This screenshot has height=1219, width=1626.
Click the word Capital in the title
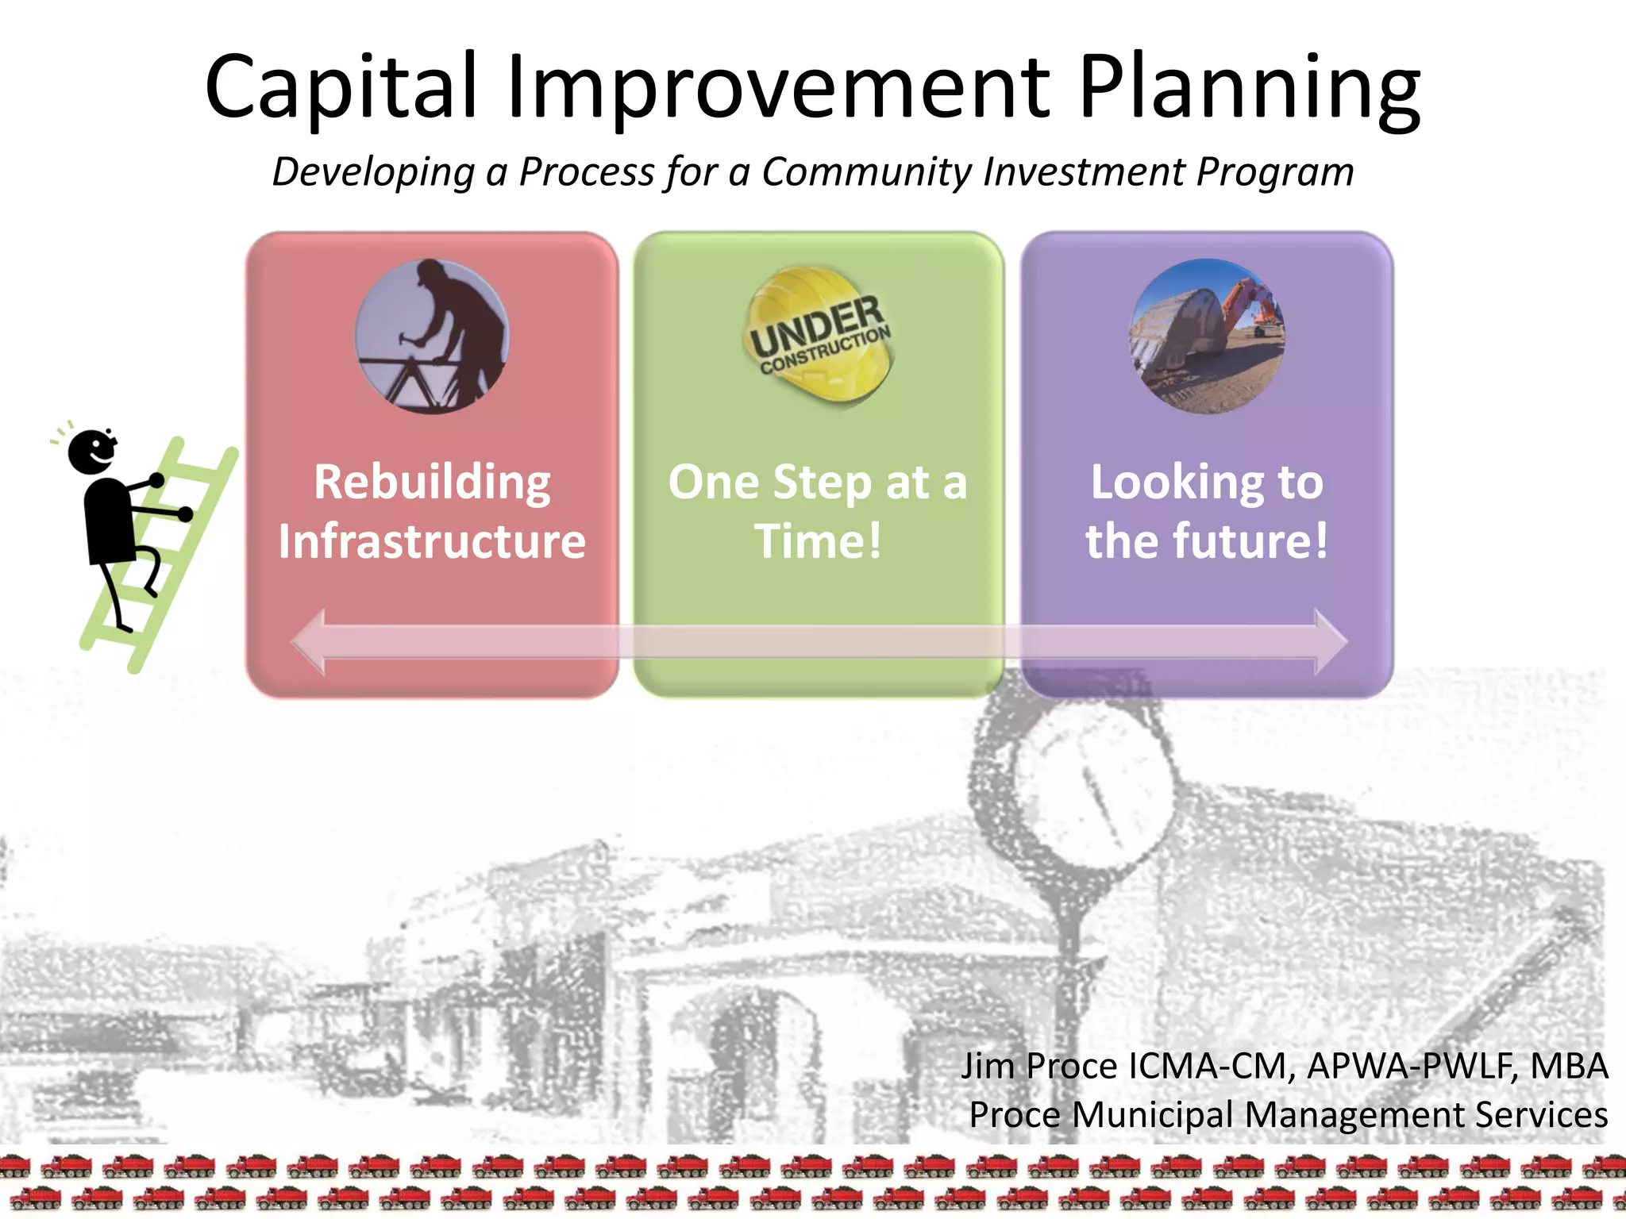(x=341, y=87)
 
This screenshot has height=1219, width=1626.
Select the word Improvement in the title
(x=778, y=87)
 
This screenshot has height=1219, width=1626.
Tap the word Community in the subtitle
(x=866, y=171)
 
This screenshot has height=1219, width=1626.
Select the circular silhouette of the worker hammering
(x=432, y=336)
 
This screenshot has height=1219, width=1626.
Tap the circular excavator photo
(x=1207, y=336)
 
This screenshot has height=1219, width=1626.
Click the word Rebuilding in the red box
(x=432, y=482)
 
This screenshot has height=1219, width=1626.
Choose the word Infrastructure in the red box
(x=432, y=541)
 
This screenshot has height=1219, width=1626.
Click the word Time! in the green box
(x=818, y=541)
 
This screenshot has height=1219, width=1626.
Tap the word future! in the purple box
(x=1250, y=541)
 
